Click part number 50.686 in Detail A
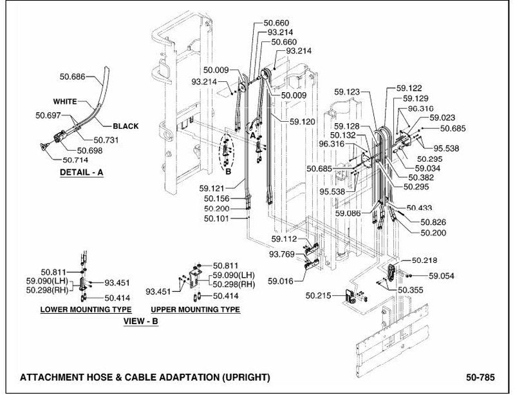click(x=73, y=77)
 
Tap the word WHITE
click(x=65, y=101)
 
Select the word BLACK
click(x=126, y=126)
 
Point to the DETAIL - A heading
click(x=82, y=172)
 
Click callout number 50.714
click(x=75, y=160)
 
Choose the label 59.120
click(x=303, y=122)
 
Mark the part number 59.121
click(x=212, y=188)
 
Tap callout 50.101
click(x=216, y=218)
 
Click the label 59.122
click(x=409, y=88)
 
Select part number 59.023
click(x=442, y=118)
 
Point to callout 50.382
click(x=422, y=178)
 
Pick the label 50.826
click(x=433, y=222)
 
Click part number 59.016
click(x=281, y=281)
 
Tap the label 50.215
click(x=318, y=296)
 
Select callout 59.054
click(x=442, y=276)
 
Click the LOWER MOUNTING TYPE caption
click(x=86, y=309)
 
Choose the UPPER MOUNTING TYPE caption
click(x=196, y=309)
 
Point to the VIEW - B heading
click(x=141, y=321)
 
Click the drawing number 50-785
click(x=480, y=377)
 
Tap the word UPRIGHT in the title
click(x=246, y=377)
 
